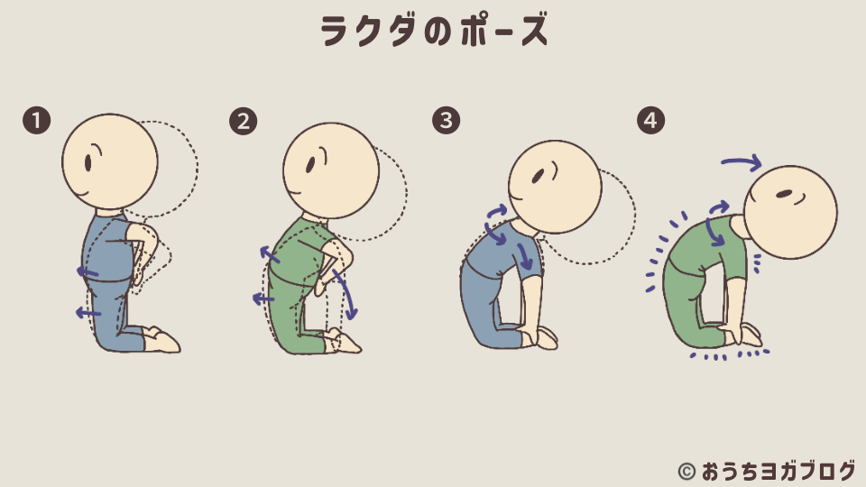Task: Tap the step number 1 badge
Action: tap(36, 121)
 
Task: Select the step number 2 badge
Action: tap(242, 121)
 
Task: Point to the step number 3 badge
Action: tap(446, 121)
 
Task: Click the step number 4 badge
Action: tap(649, 121)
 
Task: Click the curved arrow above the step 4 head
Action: tap(742, 162)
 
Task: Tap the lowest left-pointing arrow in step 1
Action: tap(88, 313)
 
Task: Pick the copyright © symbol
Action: tap(686, 471)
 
